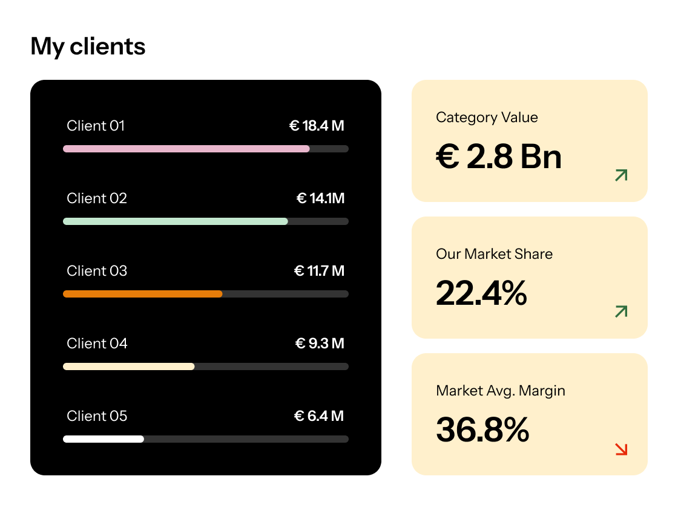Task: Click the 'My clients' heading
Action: pos(88,47)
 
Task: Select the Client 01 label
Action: pos(96,126)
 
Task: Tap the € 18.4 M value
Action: pos(317,126)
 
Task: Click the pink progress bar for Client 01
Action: pos(186,149)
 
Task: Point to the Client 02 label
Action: pos(97,198)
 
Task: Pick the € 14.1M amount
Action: pos(320,198)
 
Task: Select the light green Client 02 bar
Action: pos(176,221)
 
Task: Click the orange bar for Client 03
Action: pos(143,294)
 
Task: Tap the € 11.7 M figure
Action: pos(319,271)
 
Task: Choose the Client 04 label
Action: pos(97,344)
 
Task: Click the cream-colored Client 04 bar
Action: pos(129,366)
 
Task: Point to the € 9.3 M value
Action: pos(320,344)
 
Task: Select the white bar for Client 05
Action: pos(104,439)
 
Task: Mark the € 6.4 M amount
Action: pos(318,416)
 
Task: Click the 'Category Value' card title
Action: pos(487,117)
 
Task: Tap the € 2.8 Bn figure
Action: pos(499,157)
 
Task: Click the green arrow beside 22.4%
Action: pos(621,311)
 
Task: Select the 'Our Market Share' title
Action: pos(494,254)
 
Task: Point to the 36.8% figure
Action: pos(482,430)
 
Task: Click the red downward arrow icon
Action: pos(621,449)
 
